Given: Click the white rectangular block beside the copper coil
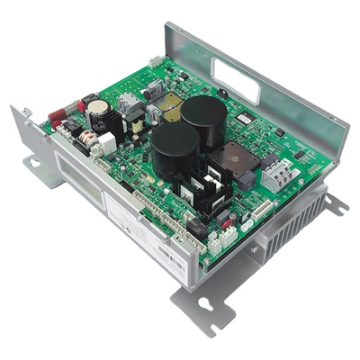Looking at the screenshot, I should point(107,142).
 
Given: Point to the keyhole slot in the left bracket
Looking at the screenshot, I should point(33,163).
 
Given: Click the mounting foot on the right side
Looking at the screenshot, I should point(335,205).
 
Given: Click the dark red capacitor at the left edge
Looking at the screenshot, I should point(58,114).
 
